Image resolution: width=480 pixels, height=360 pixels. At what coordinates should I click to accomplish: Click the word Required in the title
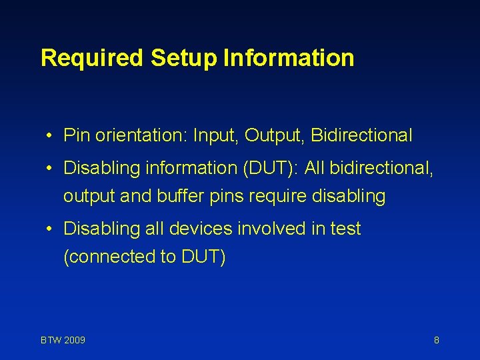92,58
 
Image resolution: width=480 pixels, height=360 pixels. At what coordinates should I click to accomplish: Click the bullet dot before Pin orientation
50,137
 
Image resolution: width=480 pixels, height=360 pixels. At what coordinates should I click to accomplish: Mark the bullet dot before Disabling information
50,169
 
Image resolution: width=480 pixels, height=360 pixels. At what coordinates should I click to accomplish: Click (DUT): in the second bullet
265,169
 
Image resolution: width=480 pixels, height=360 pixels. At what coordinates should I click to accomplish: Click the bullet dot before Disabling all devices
50,229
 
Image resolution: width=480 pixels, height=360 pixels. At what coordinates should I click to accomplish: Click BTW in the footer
51,341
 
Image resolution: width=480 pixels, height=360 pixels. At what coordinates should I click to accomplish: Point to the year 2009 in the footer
74,341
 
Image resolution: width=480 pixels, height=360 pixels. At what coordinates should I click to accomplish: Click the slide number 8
436,341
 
